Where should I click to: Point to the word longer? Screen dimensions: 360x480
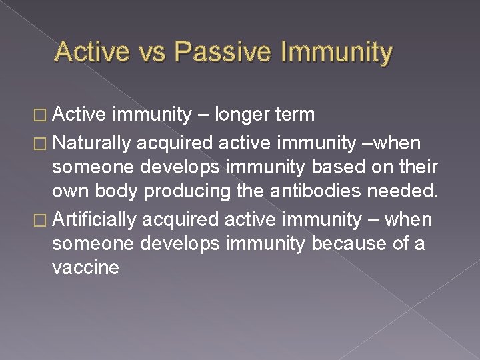[x=247, y=115]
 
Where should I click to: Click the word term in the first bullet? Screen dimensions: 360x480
[x=294, y=115]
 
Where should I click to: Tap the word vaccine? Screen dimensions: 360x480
[x=85, y=269]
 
